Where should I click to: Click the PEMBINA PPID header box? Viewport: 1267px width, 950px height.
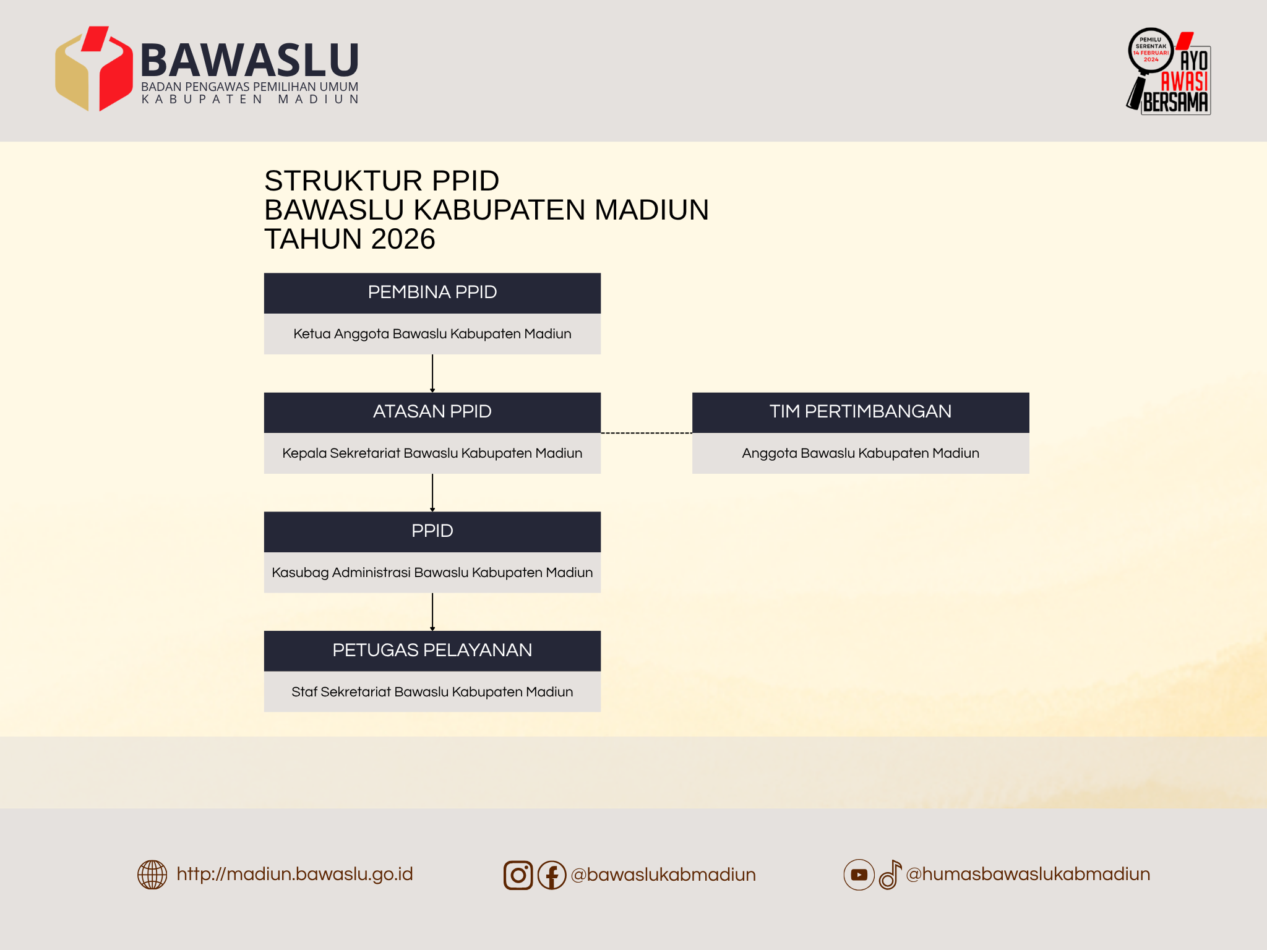(432, 293)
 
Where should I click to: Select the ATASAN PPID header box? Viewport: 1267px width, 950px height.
(432, 413)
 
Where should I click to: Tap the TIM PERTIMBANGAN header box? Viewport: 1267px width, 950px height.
(861, 413)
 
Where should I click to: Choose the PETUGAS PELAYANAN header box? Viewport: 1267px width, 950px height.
(432, 651)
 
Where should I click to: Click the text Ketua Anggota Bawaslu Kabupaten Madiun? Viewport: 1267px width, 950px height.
(432, 334)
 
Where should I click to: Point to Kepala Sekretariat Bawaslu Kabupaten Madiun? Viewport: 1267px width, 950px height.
(432, 453)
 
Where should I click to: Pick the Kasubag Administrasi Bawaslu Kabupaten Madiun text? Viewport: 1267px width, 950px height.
(432, 573)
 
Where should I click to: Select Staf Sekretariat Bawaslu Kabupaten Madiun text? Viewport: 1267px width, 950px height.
(432, 691)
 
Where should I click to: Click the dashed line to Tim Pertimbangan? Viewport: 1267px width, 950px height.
(646, 433)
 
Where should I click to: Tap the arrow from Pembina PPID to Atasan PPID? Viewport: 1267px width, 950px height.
(432, 373)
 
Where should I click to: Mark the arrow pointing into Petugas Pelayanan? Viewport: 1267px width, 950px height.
(432, 612)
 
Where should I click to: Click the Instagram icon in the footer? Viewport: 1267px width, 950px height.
(518, 875)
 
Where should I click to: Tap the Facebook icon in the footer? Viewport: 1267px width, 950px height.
(552, 875)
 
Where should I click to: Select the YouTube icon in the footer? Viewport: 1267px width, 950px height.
(859, 875)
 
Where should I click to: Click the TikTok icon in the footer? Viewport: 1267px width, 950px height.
(890, 875)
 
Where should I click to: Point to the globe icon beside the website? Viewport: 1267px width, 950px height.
(152, 875)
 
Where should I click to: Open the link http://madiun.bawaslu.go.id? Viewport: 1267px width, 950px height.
(294, 875)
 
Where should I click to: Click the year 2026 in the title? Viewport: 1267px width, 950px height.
(403, 239)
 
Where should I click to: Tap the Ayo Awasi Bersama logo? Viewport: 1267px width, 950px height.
(1169, 71)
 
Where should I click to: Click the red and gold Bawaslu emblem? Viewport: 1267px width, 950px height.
(94, 69)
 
